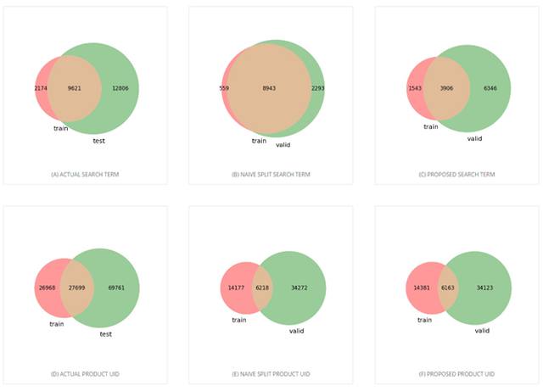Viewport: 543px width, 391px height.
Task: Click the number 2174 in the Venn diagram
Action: point(42,88)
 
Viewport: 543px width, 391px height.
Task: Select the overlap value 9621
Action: point(75,88)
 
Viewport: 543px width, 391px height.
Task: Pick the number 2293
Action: point(318,88)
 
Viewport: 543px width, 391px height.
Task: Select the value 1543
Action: point(417,88)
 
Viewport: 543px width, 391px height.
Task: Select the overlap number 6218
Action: point(260,288)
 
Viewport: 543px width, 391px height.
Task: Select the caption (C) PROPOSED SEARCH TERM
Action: point(457,174)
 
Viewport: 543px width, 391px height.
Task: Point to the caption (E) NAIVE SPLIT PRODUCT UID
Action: point(269,373)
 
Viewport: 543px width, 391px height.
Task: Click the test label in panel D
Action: point(106,333)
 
